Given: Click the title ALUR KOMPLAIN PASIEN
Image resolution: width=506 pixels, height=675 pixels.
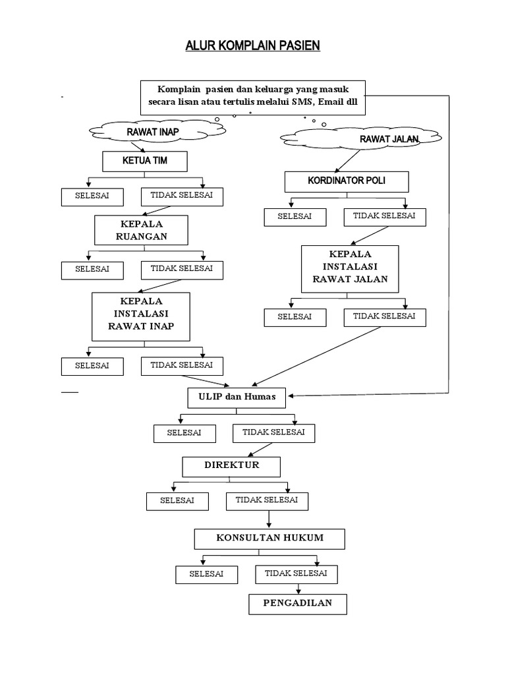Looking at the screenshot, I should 253,47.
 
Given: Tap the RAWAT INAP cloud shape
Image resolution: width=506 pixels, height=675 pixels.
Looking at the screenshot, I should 152,132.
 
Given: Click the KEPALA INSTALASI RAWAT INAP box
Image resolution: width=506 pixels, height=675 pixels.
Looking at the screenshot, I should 142,315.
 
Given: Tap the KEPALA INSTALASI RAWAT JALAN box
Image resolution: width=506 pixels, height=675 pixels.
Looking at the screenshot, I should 350,269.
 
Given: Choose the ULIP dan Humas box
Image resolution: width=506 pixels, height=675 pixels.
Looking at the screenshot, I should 237,397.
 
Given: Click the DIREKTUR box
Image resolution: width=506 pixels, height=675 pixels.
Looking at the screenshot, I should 231,466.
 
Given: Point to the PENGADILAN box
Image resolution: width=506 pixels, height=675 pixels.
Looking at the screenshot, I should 298,604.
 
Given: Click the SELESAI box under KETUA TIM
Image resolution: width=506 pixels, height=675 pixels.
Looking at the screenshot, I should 92,197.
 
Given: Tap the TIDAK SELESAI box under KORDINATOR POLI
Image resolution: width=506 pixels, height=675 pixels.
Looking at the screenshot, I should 384,216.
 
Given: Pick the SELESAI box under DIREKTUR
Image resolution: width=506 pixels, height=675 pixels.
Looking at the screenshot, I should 177,501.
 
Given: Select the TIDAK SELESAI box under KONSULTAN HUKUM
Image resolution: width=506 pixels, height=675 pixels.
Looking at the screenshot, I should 296,574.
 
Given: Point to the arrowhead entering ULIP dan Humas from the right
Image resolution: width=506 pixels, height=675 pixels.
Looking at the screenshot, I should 291,396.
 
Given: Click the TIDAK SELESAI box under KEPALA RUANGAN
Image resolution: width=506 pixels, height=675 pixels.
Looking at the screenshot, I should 182,269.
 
